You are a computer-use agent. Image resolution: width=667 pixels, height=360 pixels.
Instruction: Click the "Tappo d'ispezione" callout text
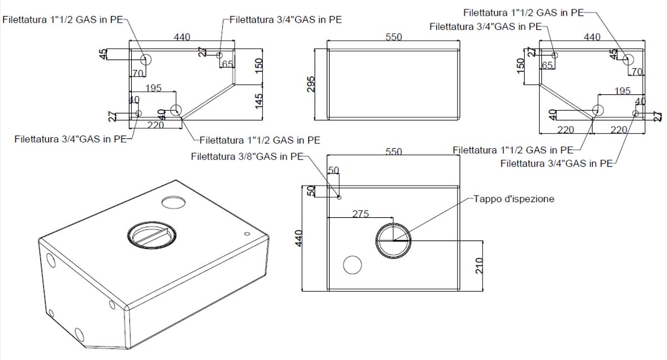pos(514,199)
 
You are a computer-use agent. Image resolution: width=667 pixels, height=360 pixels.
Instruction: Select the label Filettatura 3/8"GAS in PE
pos(247,157)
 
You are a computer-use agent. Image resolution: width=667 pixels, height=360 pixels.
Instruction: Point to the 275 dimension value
pos(361,214)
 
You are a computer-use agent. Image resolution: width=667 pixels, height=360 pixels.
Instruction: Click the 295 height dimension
pos(311,84)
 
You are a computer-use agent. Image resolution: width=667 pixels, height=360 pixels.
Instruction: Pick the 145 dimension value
pos(258,102)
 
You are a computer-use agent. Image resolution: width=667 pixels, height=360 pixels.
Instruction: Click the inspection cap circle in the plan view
pos(394,241)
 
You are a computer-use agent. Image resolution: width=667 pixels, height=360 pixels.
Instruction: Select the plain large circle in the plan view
pos(352,265)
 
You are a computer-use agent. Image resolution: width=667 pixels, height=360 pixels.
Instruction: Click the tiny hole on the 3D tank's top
pos(246,234)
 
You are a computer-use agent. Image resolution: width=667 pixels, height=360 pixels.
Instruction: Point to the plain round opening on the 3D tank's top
pos(174,201)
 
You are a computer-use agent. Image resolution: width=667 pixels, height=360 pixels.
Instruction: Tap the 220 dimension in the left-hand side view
pos(155,125)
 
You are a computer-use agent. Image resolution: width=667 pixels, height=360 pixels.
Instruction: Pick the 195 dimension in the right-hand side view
pos(623,91)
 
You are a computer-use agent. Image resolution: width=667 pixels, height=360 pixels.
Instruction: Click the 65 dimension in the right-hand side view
pos(547,65)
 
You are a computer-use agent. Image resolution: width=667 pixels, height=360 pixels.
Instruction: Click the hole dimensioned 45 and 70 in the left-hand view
pos(146,59)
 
